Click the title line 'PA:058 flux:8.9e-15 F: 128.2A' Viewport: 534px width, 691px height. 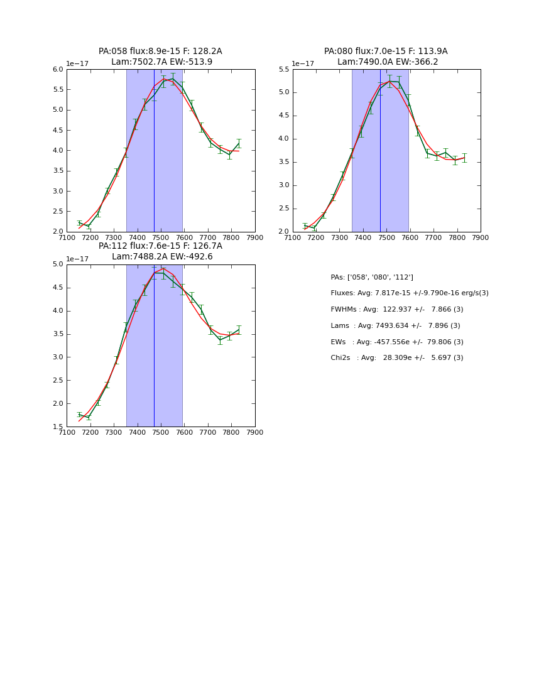click(x=160, y=52)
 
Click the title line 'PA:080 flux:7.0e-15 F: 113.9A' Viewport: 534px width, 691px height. click(x=386, y=52)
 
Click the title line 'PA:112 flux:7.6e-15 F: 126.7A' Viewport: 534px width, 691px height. click(x=160, y=246)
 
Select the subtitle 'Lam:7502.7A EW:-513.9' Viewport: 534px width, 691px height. click(x=161, y=62)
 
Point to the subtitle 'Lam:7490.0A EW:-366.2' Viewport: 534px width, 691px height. click(x=388, y=62)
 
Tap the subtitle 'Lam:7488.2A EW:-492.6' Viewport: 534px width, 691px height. click(x=162, y=257)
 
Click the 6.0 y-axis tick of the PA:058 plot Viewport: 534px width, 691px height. click(x=58, y=70)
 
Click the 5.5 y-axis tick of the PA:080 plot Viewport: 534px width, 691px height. click(x=284, y=70)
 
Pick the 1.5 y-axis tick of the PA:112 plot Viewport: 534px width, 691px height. click(x=58, y=427)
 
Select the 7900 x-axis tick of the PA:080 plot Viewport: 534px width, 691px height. click(x=481, y=237)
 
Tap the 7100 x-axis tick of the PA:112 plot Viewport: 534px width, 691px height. click(x=67, y=432)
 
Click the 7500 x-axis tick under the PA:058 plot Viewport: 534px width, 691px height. click(x=161, y=237)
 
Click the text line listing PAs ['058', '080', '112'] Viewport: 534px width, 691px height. click(x=372, y=277)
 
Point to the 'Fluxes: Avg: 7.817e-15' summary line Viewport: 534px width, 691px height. click(x=409, y=293)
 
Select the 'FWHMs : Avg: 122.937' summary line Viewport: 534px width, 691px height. click(x=396, y=310)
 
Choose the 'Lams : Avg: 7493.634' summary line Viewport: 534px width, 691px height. click(x=395, y=326)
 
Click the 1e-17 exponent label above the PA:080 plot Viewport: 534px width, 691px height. click(x=303, y=64)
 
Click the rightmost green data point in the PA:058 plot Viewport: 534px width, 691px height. click(x=239, y=144)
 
